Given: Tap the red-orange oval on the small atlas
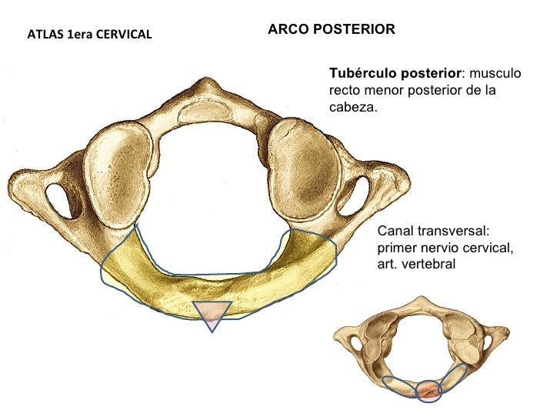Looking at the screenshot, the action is pos(428,390).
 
